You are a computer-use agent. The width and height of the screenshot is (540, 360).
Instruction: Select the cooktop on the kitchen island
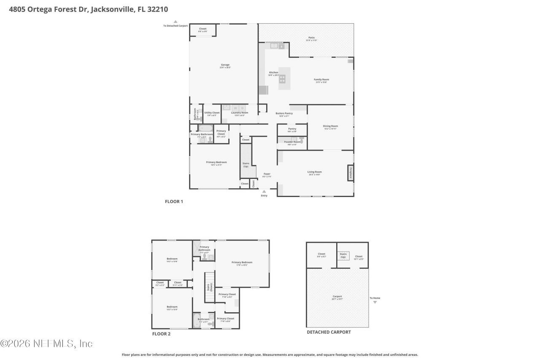282,78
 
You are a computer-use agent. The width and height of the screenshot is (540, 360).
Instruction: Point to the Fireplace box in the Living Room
350,173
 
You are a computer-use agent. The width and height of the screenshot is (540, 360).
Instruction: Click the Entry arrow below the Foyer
264,191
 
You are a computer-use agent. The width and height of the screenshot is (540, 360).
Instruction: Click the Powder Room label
292,142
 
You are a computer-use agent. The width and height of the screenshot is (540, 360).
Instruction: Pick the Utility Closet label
212,113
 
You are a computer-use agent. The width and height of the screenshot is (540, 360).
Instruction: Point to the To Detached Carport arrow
175,22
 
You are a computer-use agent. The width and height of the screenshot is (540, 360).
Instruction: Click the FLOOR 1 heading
173,202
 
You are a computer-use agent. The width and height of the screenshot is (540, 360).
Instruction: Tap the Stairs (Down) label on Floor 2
209,287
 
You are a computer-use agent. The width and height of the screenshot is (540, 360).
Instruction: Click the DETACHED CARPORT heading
328,332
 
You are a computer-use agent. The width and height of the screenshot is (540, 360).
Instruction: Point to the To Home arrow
375,302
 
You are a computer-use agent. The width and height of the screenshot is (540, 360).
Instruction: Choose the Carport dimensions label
337,299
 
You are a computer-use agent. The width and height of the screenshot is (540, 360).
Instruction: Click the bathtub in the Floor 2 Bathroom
197,321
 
